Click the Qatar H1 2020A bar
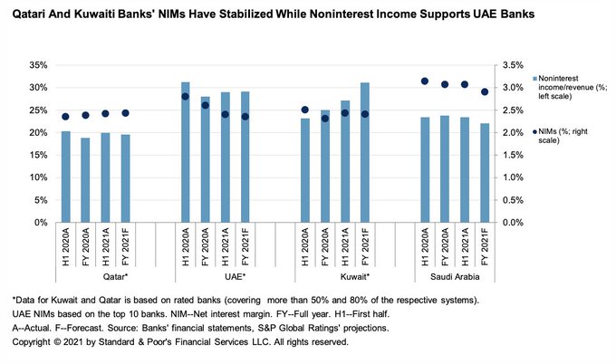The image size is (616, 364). pyautogui.click(x=65, y=177)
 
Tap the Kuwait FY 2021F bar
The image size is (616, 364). pyautogui.click(x=365, y=152)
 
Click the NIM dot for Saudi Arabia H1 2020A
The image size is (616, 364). pyautogui.click(x=425, y=81)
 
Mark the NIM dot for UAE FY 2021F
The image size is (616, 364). pyautogui.click(x=245, y=116)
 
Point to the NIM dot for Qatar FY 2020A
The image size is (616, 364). pyautogui.click(x=86, y=115)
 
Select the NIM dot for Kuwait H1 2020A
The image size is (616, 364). pyautogui.click(x=305, y=110)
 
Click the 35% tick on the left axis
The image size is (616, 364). pyautogui.click(x=41, y=65)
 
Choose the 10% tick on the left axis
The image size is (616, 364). pyautogui.click(x=41, y=177)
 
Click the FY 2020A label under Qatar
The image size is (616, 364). pyautogui.click(x=86, y=244)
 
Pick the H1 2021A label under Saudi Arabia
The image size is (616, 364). pyautogui.click(x=465, y=244)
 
